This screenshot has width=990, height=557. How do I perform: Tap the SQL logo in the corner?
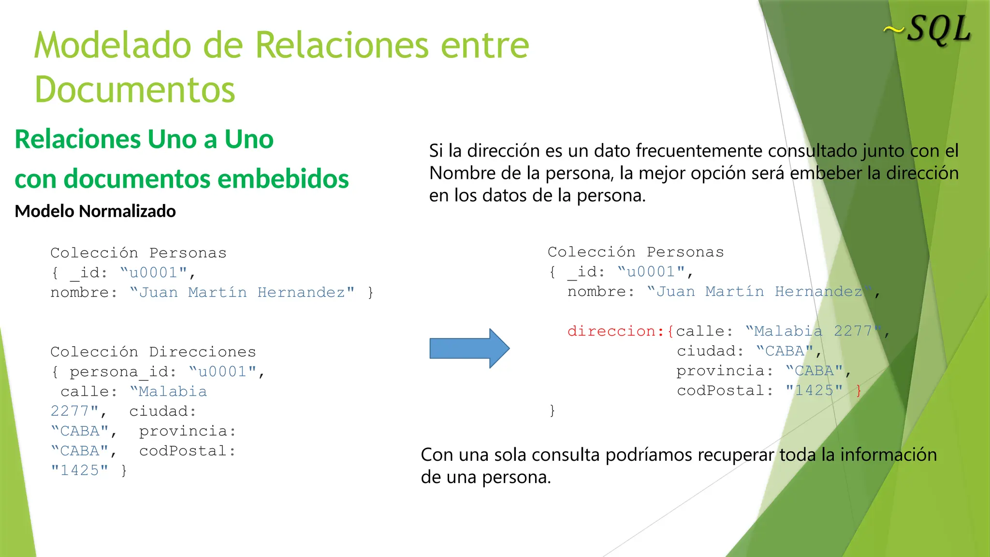click(x=928, y=30)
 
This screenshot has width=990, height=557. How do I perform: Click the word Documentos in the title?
click(x=135, y=90)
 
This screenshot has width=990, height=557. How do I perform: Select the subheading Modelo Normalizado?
click(x=95, y=211)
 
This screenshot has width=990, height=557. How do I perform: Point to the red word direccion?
click(x=611, y=331)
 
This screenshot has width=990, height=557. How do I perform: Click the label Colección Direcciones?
click(x=153, y=352)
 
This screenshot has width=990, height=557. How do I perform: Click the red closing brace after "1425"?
click(x=859, y=390)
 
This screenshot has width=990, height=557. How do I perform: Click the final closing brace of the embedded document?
click(x=552, y=410)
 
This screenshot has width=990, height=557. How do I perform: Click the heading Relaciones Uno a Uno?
click(x=144, y=139)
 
